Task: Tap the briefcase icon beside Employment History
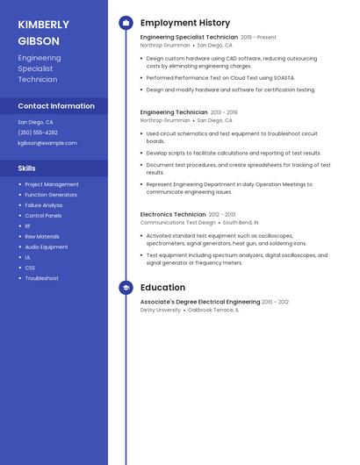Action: pyautogui.click(x=126, y=23)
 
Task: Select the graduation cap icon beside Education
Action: pyautogui.click(x=126, y=287)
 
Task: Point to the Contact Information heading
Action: pyautogui.click(x=56, y=106)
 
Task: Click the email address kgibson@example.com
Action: pyautogui.click(x=47, y=143)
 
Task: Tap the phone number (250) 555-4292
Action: pyautogui.click(x=38, y=132)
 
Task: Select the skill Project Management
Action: pyautogui.click(x=52, y=184)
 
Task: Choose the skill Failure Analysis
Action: pyautogui.click(x=44, y=205)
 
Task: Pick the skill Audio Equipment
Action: pyautogui.click(x=47, y=247)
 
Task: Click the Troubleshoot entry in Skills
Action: pyautogui.click(x=42, y=278)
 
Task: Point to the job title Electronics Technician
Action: pyautogui.click(x=173, y=214)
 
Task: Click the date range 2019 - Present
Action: pyautogui.click(x=258, y=38)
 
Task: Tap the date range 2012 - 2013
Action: pyautogui.click(x=222, y=214)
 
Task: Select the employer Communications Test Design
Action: pyautogui.click(x=177, y=223)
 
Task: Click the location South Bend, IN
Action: pyautogui.click(x=241, y=223)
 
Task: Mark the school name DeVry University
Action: pyautogui.click(x=161, y=310)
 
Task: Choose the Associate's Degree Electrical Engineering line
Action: pyautogui.click(x=200, y=301)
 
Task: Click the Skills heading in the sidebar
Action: pyautogui.click(x=27, y=168)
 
